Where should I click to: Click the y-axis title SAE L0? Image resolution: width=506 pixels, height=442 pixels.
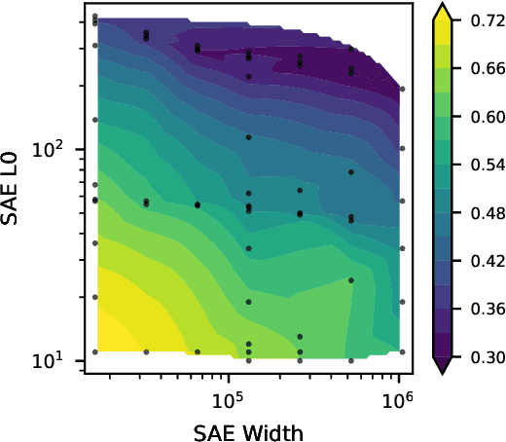click(x=17, y=191)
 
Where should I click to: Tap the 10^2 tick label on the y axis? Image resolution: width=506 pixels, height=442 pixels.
click(x=63, y=150)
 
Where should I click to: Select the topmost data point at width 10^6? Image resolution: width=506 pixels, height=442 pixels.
click(x=403, y=89)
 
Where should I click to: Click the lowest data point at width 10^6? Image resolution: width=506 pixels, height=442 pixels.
click(x=403, y=351)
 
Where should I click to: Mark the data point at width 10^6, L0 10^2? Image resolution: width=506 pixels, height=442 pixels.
click(x=403, y=149)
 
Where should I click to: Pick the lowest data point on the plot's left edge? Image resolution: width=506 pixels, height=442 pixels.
click(x=94, y=351)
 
